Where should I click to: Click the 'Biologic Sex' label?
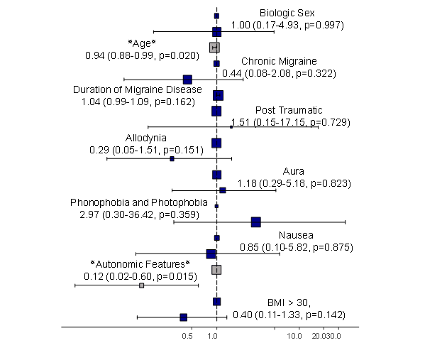click(287, 13)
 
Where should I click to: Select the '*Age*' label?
click(141, 43)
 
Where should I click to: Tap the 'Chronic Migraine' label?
click(279, 62)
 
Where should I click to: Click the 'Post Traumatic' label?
click(289, 110)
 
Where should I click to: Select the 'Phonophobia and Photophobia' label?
click(139, 202)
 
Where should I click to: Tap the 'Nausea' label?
click(296, 235)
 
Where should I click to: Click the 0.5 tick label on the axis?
click(188, 337)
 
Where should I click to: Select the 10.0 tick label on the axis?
click(294, 337)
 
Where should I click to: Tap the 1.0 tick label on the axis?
click(213, 337)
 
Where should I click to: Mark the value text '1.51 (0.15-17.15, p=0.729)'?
click(291, 122)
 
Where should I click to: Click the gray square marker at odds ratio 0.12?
click(142, 285)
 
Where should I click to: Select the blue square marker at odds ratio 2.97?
click(256, 222)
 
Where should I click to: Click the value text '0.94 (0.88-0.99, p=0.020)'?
click(142, 55)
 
